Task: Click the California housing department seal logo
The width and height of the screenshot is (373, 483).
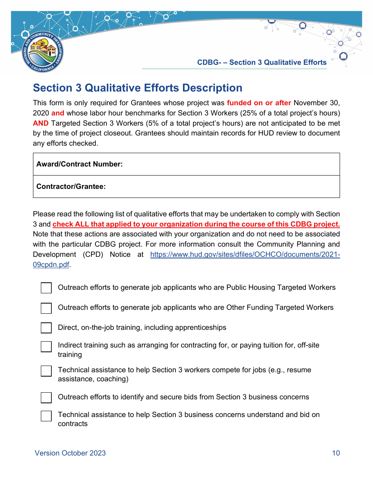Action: click(43, 52)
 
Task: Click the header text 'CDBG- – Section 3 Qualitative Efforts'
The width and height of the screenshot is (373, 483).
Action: click(261, 62)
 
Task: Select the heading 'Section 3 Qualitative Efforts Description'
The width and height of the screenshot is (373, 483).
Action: click(137, 88)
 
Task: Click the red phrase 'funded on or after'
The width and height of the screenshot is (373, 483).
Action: click(259, 103)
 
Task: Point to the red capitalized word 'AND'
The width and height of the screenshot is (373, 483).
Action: click(40, 123)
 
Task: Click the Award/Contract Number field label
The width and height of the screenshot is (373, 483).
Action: click(79, 164)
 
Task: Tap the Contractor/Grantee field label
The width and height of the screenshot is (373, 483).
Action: click(71, 187)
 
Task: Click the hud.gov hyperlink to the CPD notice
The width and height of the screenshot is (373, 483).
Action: click(245, 254)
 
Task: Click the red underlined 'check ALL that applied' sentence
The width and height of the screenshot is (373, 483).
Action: click(196, 224)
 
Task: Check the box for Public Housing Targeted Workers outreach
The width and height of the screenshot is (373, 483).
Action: click(46, 288)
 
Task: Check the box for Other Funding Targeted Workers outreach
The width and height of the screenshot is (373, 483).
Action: click(46, 308)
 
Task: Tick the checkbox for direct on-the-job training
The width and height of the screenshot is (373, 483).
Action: click(46, 328)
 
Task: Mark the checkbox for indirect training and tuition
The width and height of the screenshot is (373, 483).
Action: click(46, 346)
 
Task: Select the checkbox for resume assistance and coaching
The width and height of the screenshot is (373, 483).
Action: click(46, 371)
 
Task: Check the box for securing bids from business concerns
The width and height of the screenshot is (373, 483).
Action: click(46, 397)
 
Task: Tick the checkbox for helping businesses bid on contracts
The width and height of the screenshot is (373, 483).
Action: click(46, 416)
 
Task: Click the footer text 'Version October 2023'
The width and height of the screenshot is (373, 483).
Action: click(70, 453)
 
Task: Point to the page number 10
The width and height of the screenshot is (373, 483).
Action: click(336, 453)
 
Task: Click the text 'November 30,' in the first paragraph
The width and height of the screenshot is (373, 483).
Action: click(316, 103)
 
